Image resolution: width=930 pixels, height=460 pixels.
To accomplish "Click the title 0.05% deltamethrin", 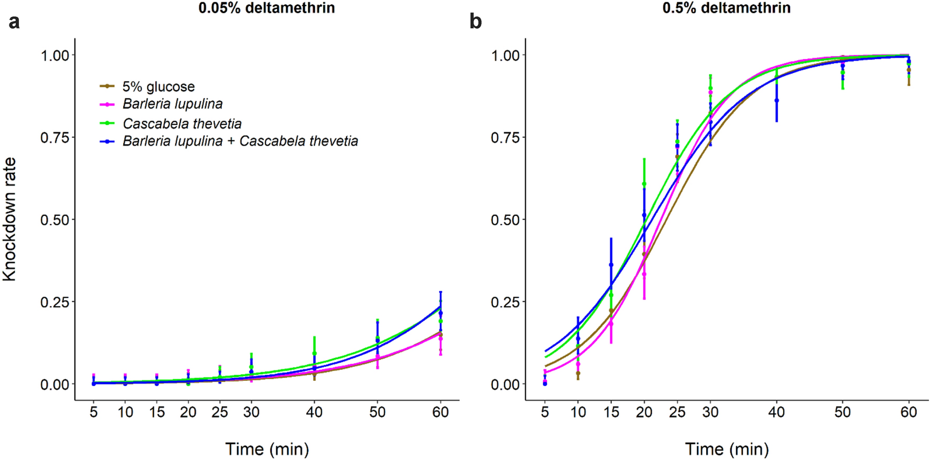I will (266, 8).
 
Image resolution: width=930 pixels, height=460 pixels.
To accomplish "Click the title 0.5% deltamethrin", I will (726, 8).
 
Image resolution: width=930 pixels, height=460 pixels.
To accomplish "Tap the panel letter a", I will (14, 22).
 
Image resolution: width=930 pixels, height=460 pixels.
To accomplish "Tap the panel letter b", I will (475, 22).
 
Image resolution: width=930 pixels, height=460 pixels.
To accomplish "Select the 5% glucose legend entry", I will (158, 86).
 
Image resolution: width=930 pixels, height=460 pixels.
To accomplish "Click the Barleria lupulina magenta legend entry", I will (172, 104).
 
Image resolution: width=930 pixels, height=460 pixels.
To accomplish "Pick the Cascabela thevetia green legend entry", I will (182, 124).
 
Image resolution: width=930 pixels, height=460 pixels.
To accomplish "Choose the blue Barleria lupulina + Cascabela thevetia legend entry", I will (240, 141).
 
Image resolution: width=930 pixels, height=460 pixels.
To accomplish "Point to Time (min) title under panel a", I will (267, 449).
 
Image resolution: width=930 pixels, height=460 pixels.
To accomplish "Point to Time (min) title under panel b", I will (727, 449).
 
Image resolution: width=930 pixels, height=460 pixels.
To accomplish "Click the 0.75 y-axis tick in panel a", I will (55, 138).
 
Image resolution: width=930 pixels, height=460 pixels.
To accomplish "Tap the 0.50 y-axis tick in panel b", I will (505, 220).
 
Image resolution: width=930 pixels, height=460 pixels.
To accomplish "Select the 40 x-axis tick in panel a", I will (314, 412).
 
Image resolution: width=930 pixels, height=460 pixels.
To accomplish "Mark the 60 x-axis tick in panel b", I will (909, 412).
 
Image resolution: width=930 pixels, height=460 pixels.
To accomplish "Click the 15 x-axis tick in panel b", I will (611, 412).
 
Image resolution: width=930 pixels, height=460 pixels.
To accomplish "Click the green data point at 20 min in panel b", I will (644, 184).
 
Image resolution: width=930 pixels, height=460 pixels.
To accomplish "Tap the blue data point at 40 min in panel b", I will (776, 101).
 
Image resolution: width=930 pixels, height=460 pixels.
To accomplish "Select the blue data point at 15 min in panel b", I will (611, 265).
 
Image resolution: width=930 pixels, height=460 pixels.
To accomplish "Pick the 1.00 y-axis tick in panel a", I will (55, 56).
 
